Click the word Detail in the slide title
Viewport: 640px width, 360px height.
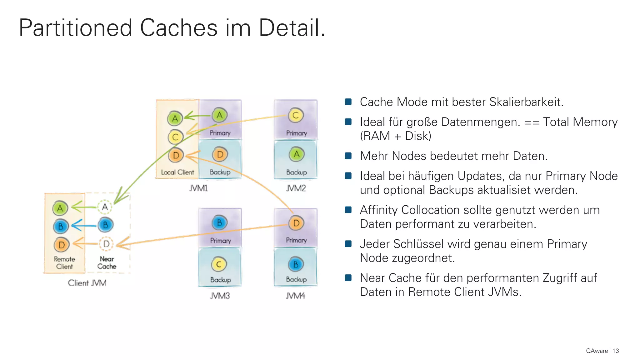point(292,28)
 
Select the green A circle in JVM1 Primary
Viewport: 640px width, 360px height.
point(220,115)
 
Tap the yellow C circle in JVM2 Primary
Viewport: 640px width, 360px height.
point(296,115)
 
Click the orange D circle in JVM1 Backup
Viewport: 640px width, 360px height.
point(220,154)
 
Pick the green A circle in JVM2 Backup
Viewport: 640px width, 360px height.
point(296,154)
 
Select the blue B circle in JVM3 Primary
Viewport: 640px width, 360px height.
point(219,223)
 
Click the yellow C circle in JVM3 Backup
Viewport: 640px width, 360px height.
point(219,264)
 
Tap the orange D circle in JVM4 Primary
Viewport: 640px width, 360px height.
point(296,223)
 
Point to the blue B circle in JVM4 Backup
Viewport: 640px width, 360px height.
point(296,264)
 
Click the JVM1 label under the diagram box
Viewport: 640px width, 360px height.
point(198,188)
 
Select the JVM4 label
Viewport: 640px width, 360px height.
point(295,296)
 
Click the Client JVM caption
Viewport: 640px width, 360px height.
point(87,283)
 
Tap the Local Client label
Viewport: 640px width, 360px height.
point(177,172)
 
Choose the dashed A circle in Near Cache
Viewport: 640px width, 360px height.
point(105,207)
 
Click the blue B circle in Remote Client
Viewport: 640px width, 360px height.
point(61,226)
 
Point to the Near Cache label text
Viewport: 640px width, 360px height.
point(107,262)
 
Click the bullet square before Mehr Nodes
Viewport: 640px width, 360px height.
point(348,156)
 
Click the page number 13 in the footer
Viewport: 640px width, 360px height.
point(616,351)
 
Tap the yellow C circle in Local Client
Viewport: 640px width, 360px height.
point(175,137)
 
